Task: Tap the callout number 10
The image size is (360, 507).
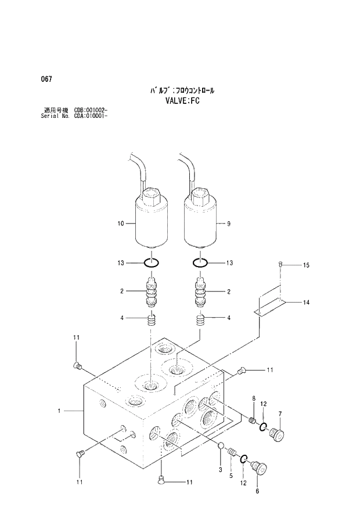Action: (x=121, y=222)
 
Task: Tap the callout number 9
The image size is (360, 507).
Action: (x=229, y=222)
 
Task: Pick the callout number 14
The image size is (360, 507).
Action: (x=306, y=302)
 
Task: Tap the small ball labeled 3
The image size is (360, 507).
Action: (x=221, y=445)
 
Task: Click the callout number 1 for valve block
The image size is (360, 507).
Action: (x=59, y=411)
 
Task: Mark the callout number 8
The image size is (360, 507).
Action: (x=253, y=397)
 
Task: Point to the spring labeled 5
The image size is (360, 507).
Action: (x=232, y=451)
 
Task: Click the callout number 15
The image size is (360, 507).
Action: (x=306, y=265)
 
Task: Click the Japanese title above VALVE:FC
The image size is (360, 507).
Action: (x=180, y=91)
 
